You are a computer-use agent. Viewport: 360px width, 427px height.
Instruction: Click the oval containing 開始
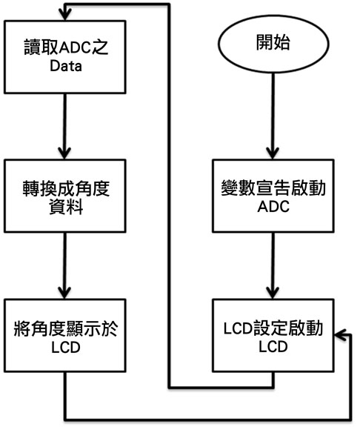pos(273,44)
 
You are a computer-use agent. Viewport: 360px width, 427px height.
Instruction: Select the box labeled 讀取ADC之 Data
pos(64,57)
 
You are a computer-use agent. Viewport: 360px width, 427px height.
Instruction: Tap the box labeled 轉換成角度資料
pos(64,196)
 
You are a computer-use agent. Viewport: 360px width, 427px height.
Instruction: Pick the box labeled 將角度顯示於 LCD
pos(64,335)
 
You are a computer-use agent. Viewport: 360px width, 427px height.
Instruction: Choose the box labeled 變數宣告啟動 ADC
pos(273,196)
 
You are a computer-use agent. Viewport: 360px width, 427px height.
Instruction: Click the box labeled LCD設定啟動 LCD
pos(273,335)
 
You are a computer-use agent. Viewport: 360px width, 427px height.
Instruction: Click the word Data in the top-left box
pos(66,66)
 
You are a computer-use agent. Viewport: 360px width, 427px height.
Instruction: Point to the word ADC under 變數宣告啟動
pos(273,207)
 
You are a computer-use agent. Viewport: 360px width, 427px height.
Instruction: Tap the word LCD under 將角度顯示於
pos(66,347)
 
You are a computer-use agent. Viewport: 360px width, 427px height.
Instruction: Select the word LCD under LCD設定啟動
pos(273,347)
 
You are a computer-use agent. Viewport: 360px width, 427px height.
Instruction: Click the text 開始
pos(273,43)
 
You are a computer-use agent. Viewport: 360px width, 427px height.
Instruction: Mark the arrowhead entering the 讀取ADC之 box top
pos(65,14)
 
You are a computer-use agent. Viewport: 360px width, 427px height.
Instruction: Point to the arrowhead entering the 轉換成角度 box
pos(64,153)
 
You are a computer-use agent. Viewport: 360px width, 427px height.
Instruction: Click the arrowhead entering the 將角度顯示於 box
pos(64,293)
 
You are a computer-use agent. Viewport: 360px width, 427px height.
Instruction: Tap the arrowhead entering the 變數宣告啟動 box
pos(273,153)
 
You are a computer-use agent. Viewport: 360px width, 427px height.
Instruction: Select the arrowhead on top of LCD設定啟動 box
pos(273,293)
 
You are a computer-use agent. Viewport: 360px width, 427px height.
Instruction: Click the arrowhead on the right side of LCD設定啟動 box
pos(341,334)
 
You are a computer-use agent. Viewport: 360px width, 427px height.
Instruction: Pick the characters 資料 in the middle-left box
pos(66,207)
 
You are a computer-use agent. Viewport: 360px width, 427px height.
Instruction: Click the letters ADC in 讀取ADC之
pos(75,48)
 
